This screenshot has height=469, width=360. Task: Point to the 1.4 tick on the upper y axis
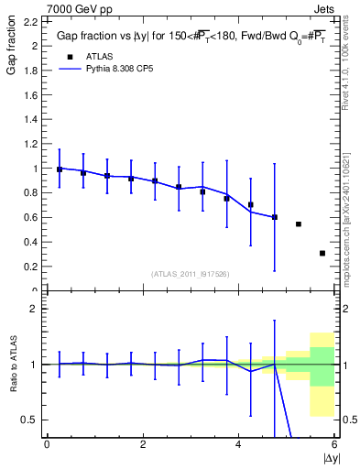(x=30, y=119)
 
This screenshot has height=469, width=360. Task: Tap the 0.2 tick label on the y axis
(x=30, y=267)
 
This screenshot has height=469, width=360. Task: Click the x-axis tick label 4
(x=239, y=444)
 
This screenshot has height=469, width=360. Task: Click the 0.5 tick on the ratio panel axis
(x=30, y=420)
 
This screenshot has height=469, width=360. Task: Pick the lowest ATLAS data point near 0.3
(x=322, y=253)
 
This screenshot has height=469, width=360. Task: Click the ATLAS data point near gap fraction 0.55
(x=299, y=224)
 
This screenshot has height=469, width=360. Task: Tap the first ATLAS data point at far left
(x=60, y=169)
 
